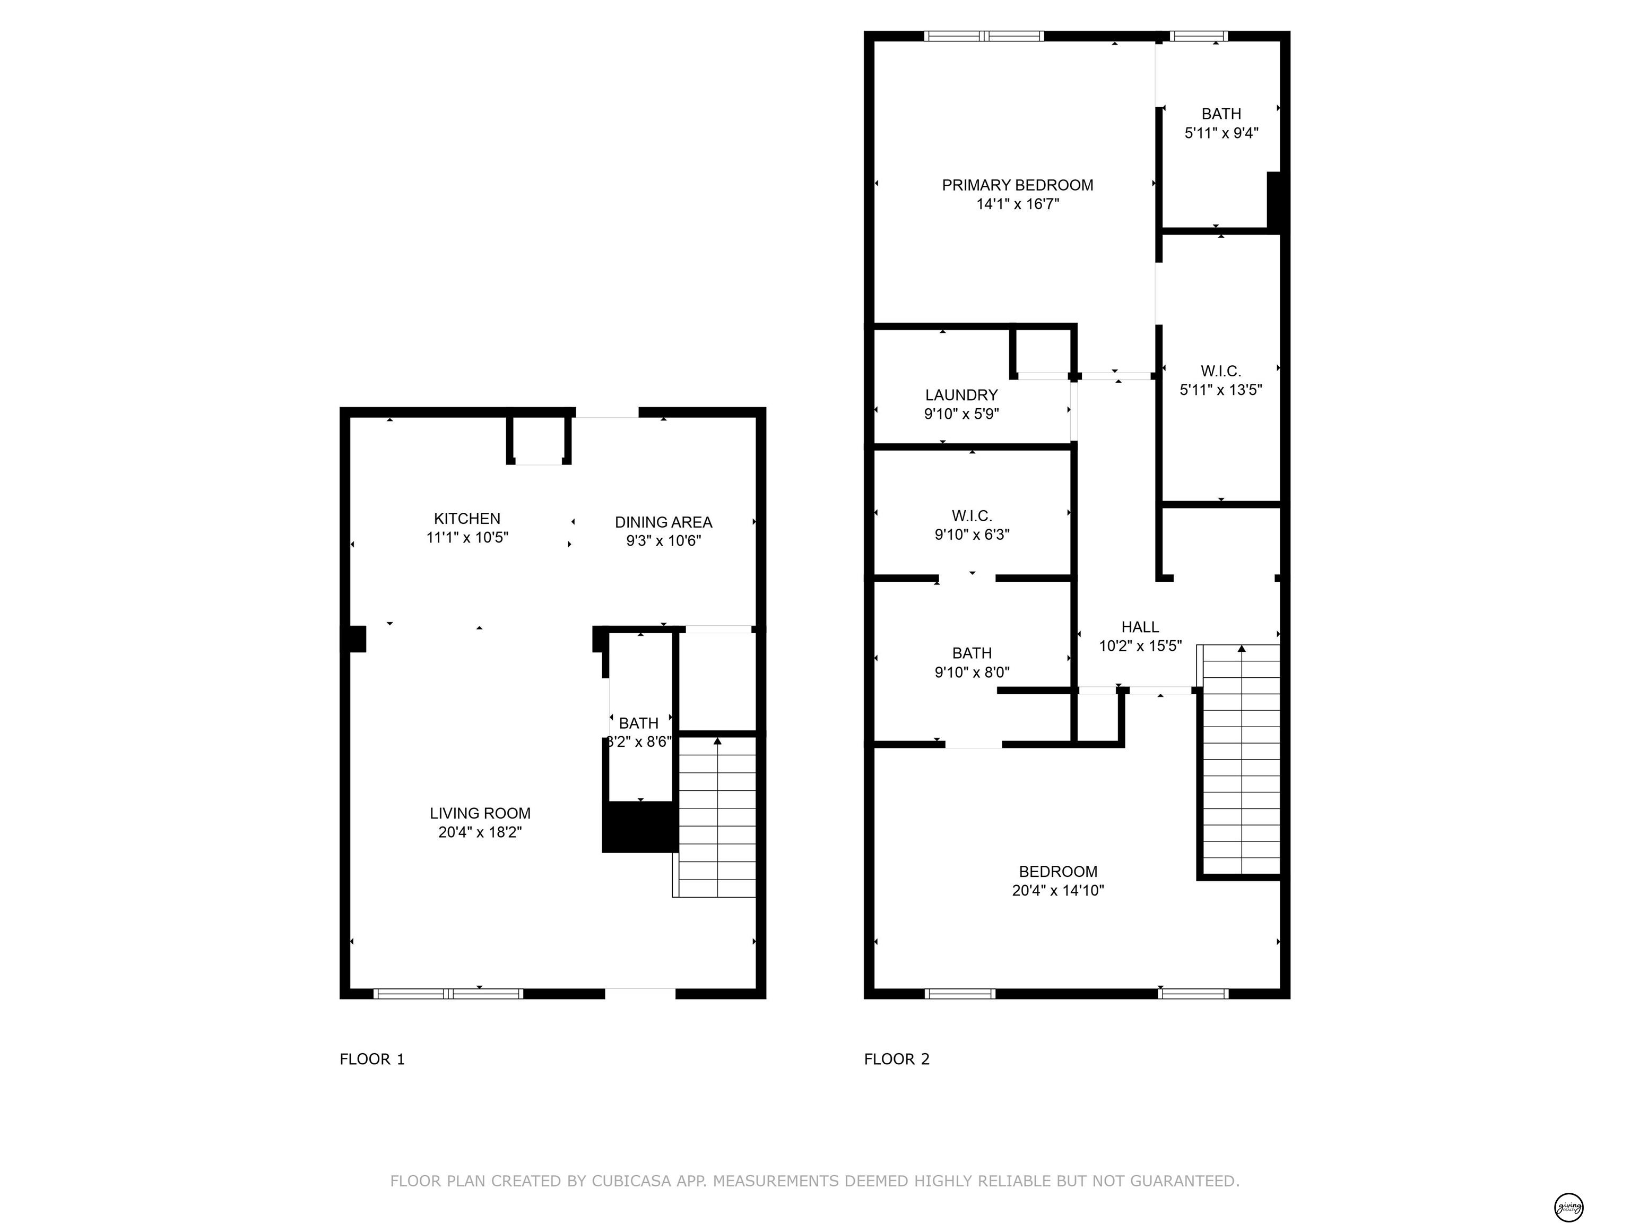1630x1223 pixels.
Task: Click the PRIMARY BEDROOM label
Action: tap(1017, 185)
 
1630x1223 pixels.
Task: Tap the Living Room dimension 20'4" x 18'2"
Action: tap(480, 832)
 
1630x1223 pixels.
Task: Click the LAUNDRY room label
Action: tap(961, 395)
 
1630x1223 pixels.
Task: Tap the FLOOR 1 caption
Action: tap(372, 1060)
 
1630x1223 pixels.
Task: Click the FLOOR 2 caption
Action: tap(897, 1060)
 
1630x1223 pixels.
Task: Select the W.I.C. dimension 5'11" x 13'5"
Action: tap(1221, 390)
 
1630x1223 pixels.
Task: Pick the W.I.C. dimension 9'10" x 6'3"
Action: tap(972, 535)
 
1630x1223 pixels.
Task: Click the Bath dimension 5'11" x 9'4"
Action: tap(1221, 133)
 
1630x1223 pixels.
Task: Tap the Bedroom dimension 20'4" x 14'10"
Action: tap(1057, 891)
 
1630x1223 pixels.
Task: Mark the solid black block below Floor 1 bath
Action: tap(639, 827)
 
